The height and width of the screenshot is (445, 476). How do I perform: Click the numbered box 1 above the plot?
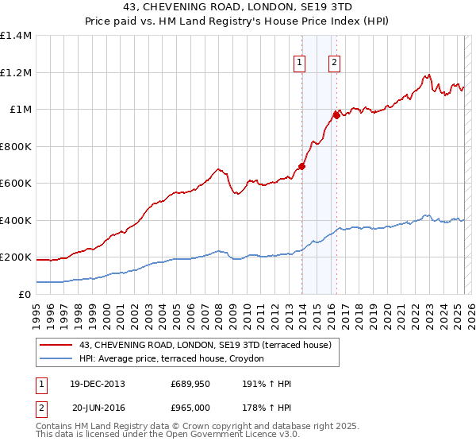pos(300,63)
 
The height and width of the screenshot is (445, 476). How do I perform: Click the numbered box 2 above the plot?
pos(334,63)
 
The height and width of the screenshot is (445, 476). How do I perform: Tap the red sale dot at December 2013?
pos(301,167)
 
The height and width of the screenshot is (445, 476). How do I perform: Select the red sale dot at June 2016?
pos(336,116)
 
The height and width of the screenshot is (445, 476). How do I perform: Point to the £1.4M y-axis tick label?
pos(16,36)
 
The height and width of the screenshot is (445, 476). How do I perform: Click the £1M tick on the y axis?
pos(20,110)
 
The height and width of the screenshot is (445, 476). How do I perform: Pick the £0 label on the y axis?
pos(25,294)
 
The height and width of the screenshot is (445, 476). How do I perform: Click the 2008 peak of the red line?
pos(217,169)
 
